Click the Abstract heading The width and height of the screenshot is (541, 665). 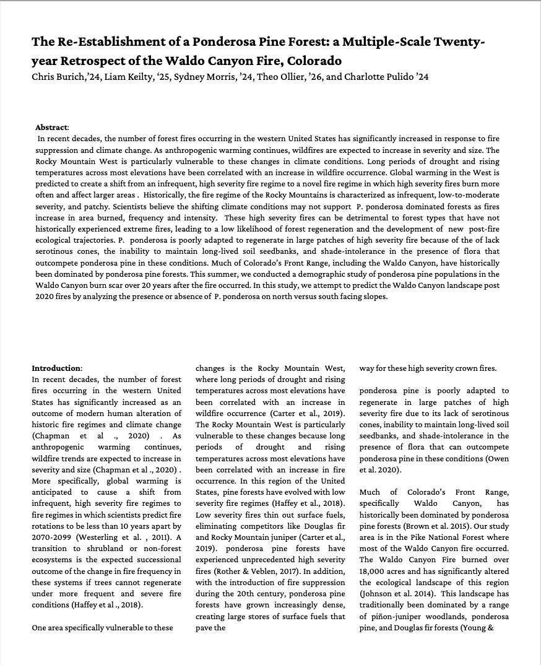click(x=53, y=127)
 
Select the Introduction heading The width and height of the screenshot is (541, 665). click(x=56, y=368)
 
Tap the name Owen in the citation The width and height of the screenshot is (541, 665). click(x=500, y=458)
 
